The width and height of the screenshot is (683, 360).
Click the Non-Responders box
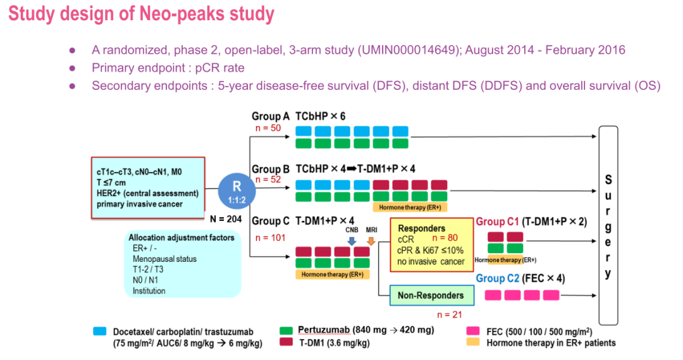coord(430,295)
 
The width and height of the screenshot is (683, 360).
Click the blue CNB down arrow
coord(352,240)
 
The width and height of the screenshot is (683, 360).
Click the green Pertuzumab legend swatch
coord(286,330)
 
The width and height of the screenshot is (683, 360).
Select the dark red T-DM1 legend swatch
coord(286,342)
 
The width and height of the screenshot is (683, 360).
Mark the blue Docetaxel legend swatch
coord(100,330)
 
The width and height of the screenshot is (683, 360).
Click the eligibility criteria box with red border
coord(148,187)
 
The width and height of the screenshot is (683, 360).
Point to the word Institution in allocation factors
coord(149,291)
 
